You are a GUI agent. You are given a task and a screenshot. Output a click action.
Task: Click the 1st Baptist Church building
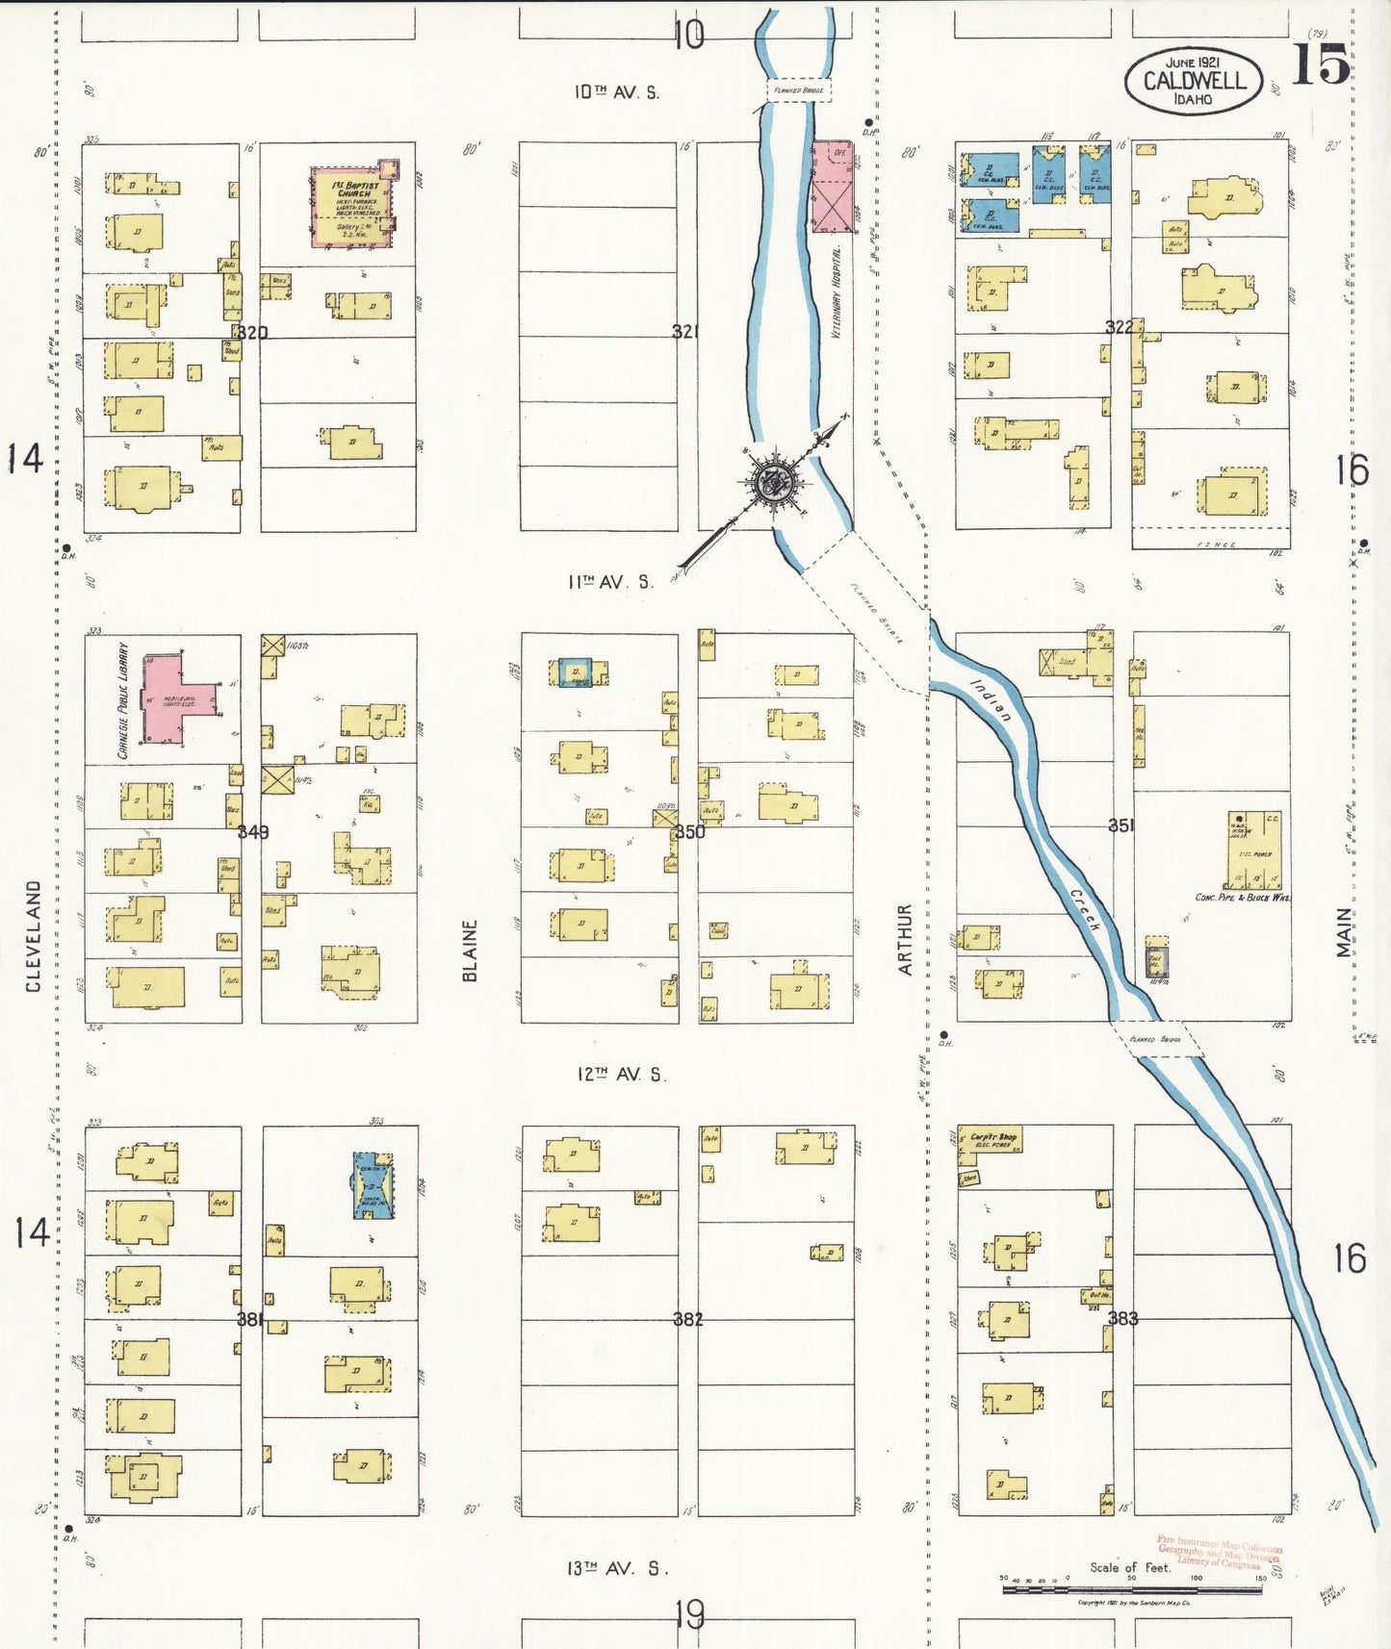pyautogui.click(x=351, y=207)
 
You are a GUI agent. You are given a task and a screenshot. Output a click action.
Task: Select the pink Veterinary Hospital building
pyautogui.click(x=832, y=188)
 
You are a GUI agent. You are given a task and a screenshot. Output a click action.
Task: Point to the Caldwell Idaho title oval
pyautogui.click(x=1193, y=81)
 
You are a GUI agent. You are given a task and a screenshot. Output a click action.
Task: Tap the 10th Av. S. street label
pyautogui.click(x=617, y=92)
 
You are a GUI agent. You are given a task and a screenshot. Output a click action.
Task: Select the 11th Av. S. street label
pyautogui.click(x=610, y=582)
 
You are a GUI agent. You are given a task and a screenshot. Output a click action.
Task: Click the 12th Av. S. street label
pyautogui.click(x=621, y=1074)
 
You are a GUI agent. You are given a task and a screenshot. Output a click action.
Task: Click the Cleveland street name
pyautogui.click(x=34, y=936)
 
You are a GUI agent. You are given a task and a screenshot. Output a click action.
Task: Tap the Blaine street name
pyautogui.click(x=470, y=951)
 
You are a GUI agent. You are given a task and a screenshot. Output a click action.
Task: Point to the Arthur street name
pyautogui.click(x=905, y=939)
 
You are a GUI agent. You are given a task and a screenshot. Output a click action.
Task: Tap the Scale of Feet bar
pyautogui.click(x=1132, y=1589)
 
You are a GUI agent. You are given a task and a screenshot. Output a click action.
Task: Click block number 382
pyautogui.click(x=688, y=1318)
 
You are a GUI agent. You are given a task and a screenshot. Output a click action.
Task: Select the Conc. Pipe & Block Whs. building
pyautogui.click(x=1254, y=850)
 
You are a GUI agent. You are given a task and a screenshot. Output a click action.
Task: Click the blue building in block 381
pyautogui.click(x=372, y=1185)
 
